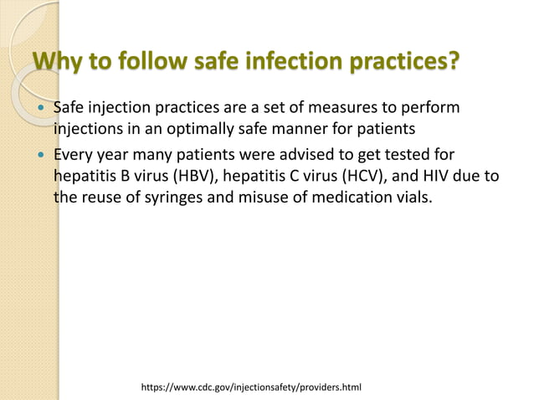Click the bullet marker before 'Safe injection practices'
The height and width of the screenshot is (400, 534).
click(x=39, y=110)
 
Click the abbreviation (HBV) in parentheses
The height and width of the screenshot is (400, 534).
click(x=191, y=177)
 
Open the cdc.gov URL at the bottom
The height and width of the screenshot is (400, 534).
click(x=251, y=387)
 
